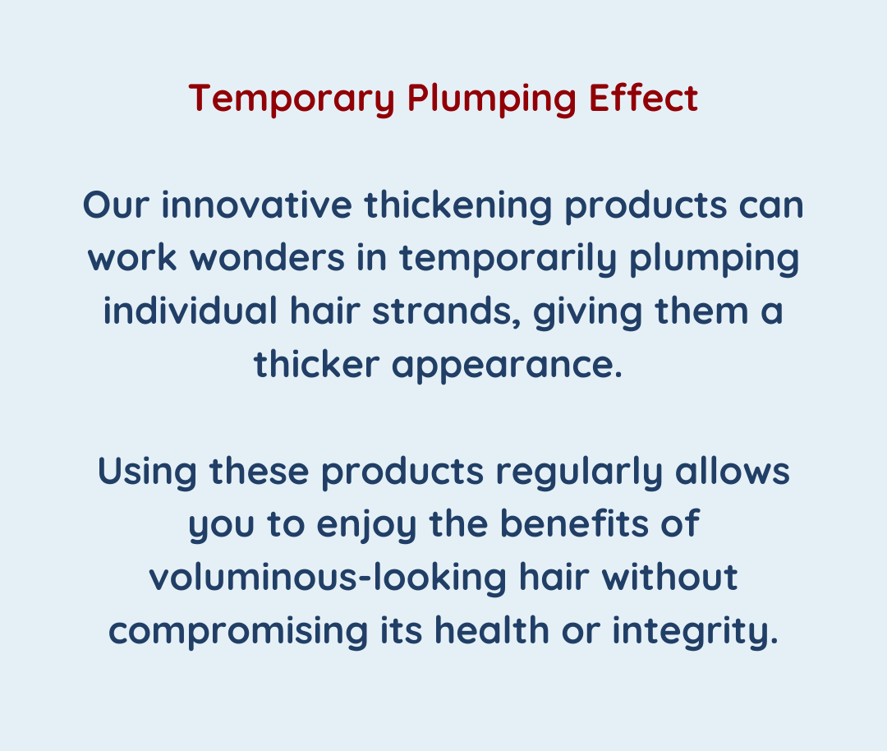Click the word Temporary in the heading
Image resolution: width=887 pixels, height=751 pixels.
point(292,99)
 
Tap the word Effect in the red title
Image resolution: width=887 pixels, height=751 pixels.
point(643,98)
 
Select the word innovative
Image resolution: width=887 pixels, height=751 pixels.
point(257,205)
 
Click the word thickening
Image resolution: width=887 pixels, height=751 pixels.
point(458,206)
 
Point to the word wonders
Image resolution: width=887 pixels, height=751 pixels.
point(267,258)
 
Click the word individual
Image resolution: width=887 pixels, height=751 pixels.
point(190,311)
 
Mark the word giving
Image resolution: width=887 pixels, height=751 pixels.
point(588,313)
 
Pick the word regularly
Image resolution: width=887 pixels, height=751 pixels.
point(579,472)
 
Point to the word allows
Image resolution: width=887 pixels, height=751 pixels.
point(733,471)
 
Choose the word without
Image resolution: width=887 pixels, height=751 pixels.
point(670,578)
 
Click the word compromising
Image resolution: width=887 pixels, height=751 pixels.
point(238,632)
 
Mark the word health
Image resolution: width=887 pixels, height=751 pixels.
point(492,630)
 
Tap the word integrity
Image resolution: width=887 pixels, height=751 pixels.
point(696,632)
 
